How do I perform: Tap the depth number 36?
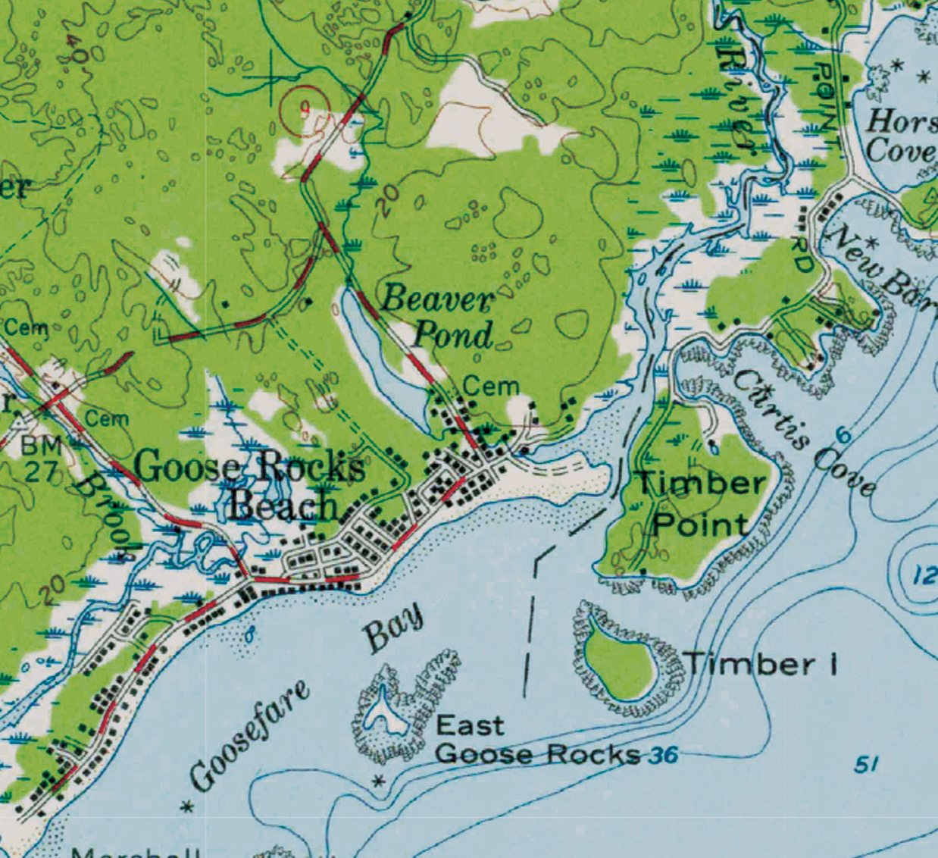click(663, 755)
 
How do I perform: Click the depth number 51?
click(867, 765)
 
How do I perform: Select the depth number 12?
click(924, 575)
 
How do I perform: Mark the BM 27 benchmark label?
click(41, 459)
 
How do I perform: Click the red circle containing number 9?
click(305, 111)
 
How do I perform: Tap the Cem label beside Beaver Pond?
click(490, 387)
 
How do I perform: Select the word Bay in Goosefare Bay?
click(393, 628)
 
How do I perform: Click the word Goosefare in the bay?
click(249, 734)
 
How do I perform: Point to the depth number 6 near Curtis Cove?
click(843, 436)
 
